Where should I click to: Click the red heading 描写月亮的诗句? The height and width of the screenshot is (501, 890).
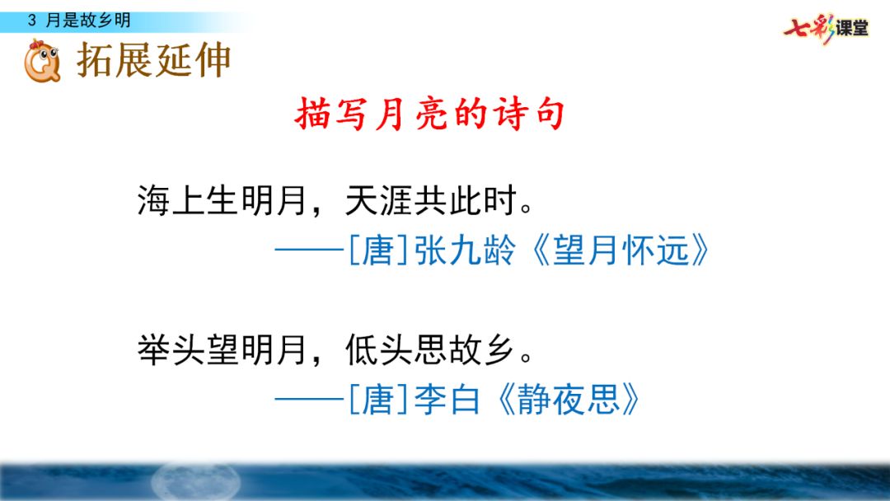coord(429,115)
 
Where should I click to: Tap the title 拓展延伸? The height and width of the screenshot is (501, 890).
coord(154,61)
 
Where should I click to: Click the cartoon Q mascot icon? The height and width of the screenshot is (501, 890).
coord(41,63)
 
